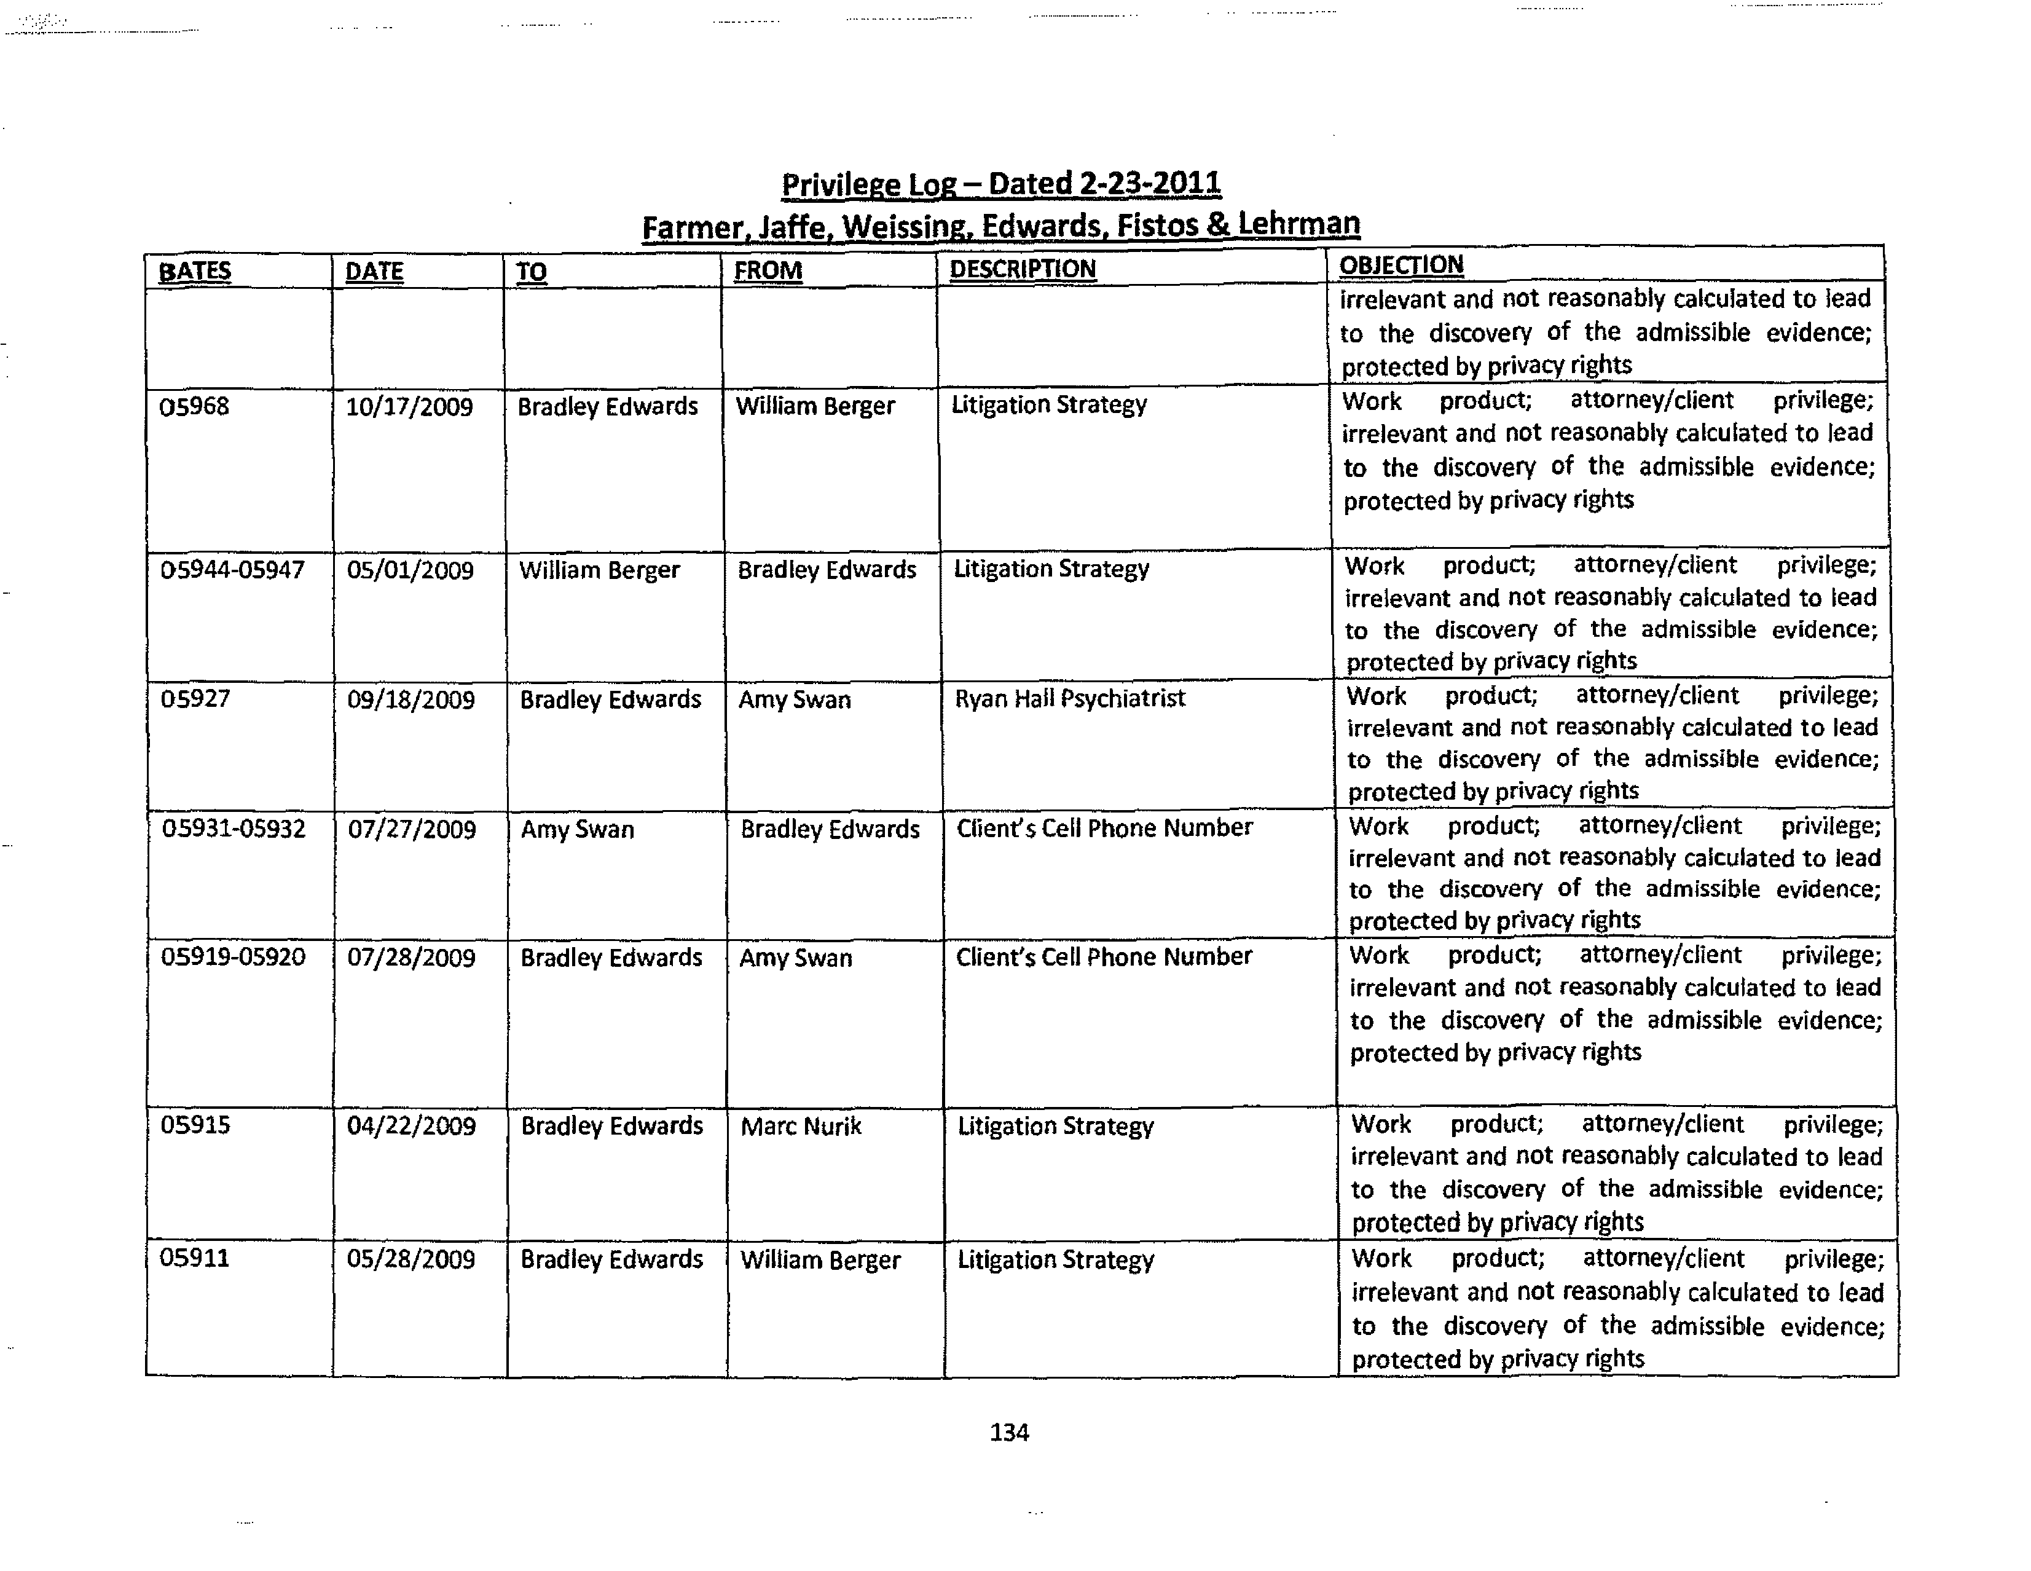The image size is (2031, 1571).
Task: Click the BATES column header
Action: [x=194, y=272]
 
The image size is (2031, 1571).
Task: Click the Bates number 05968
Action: [x=194, y=406]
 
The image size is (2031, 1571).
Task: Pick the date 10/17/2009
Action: [x=409, y=408]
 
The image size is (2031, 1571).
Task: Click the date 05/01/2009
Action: [x=410, y=570]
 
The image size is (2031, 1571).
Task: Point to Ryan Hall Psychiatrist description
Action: [x=1069, y=699]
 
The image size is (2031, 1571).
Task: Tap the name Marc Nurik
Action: [x=801, y=1127]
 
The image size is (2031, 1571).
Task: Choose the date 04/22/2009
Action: [x=411, y=1127]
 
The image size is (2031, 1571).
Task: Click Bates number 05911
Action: [x=194, y=1259]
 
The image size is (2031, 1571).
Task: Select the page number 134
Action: [x=1009, y=1433]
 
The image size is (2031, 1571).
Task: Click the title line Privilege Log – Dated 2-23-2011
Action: [x=1000, y=184]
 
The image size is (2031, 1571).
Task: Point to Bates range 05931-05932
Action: [x=234, y=828]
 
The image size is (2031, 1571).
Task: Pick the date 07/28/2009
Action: [x=411, y=958]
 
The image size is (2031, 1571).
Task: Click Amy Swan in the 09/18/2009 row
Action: [x=794, y=699]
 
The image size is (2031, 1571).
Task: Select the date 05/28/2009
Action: [x=411, y=1259]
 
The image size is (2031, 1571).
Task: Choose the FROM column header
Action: [x=767, y=270]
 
